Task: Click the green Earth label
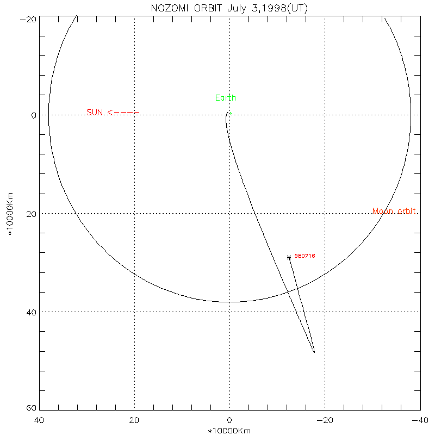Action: (226, 98)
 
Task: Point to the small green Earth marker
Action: (231, 113)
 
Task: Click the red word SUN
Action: (95, 113)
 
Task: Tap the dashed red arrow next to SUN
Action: (123, 113)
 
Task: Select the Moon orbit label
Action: (395, 211)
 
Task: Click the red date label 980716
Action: (305, 256)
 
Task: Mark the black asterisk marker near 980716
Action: (289, 257)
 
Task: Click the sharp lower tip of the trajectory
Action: (314, 352)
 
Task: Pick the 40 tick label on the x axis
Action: (39, 420)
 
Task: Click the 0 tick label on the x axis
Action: (229, 420)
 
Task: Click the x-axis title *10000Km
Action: (229, 431)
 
